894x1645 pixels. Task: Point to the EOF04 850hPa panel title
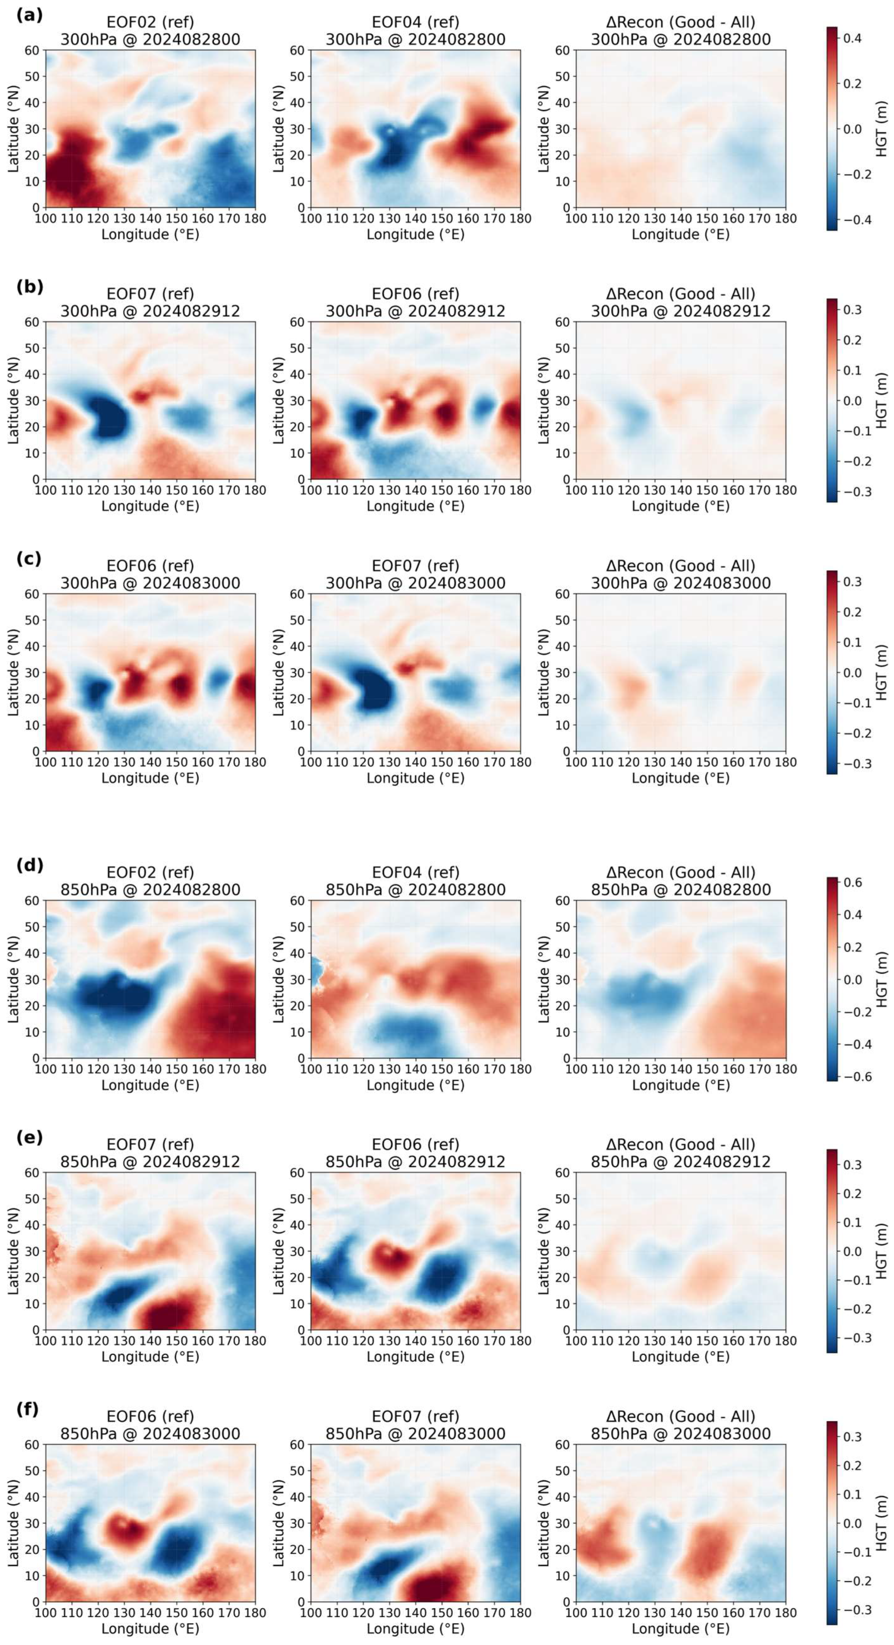(416, 881)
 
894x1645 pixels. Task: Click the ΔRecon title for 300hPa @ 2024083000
(681, 574)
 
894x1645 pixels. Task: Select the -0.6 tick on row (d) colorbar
(852, 1076)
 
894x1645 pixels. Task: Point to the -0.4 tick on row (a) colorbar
(852, 219)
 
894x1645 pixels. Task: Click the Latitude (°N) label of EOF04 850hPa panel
(279, 979)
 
